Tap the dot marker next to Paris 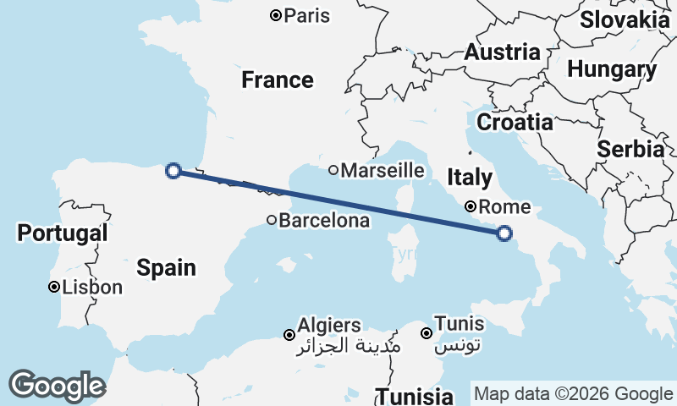[275, 15]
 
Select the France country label [278, 80]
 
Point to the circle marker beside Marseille [333, 170]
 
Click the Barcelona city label [324, 221]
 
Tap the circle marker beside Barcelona [272, 220]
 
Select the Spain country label [167, 268]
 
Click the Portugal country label [63, 233]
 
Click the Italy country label [470, 178]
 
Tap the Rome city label [504, 206]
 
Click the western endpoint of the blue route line [173, 171]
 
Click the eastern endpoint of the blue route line [504, 233]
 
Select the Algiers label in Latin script [329, 325]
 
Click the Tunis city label [460, 323]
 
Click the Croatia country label [515, 123]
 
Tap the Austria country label [502, 52]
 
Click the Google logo [57, 385]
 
